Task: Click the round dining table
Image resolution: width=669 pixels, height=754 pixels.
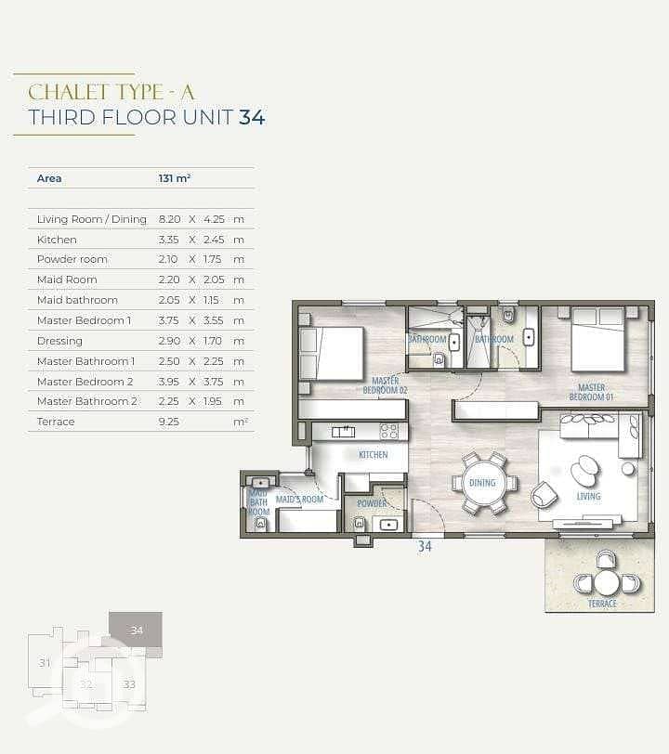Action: click(482, 483)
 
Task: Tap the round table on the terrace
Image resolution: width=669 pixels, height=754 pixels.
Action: click(607, 583)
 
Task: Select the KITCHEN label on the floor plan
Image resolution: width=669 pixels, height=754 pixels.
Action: click(373, 454)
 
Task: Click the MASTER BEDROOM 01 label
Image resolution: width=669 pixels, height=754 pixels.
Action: click(592, 392)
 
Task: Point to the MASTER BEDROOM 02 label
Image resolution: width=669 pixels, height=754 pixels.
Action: click(385, 385)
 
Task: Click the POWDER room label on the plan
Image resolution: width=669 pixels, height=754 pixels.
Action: click(372, 503)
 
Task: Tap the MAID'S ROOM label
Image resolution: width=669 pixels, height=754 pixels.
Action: click(299, 500)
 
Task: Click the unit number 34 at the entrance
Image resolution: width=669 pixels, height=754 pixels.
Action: click(425, 546)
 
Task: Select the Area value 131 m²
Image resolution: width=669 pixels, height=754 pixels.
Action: click(175, 178)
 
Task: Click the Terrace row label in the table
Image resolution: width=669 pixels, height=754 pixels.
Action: click(56, 422)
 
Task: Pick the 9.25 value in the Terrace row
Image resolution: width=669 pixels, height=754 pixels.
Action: click(168, 422)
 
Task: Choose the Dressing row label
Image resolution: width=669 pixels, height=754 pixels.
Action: click(59, 341)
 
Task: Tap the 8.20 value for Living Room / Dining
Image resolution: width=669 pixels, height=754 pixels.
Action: click(169, 219)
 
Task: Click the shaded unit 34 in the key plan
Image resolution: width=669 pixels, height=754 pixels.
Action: click(136, 630)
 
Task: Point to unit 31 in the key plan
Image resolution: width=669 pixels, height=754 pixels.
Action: click(45, 663)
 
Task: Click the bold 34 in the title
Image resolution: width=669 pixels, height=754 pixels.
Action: click(252, 117)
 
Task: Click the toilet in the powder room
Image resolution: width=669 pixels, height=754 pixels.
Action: click(359, 523)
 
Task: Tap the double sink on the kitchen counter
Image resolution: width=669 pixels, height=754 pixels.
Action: click(344, 432)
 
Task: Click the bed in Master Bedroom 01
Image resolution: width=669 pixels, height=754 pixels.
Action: click(597, 340)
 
